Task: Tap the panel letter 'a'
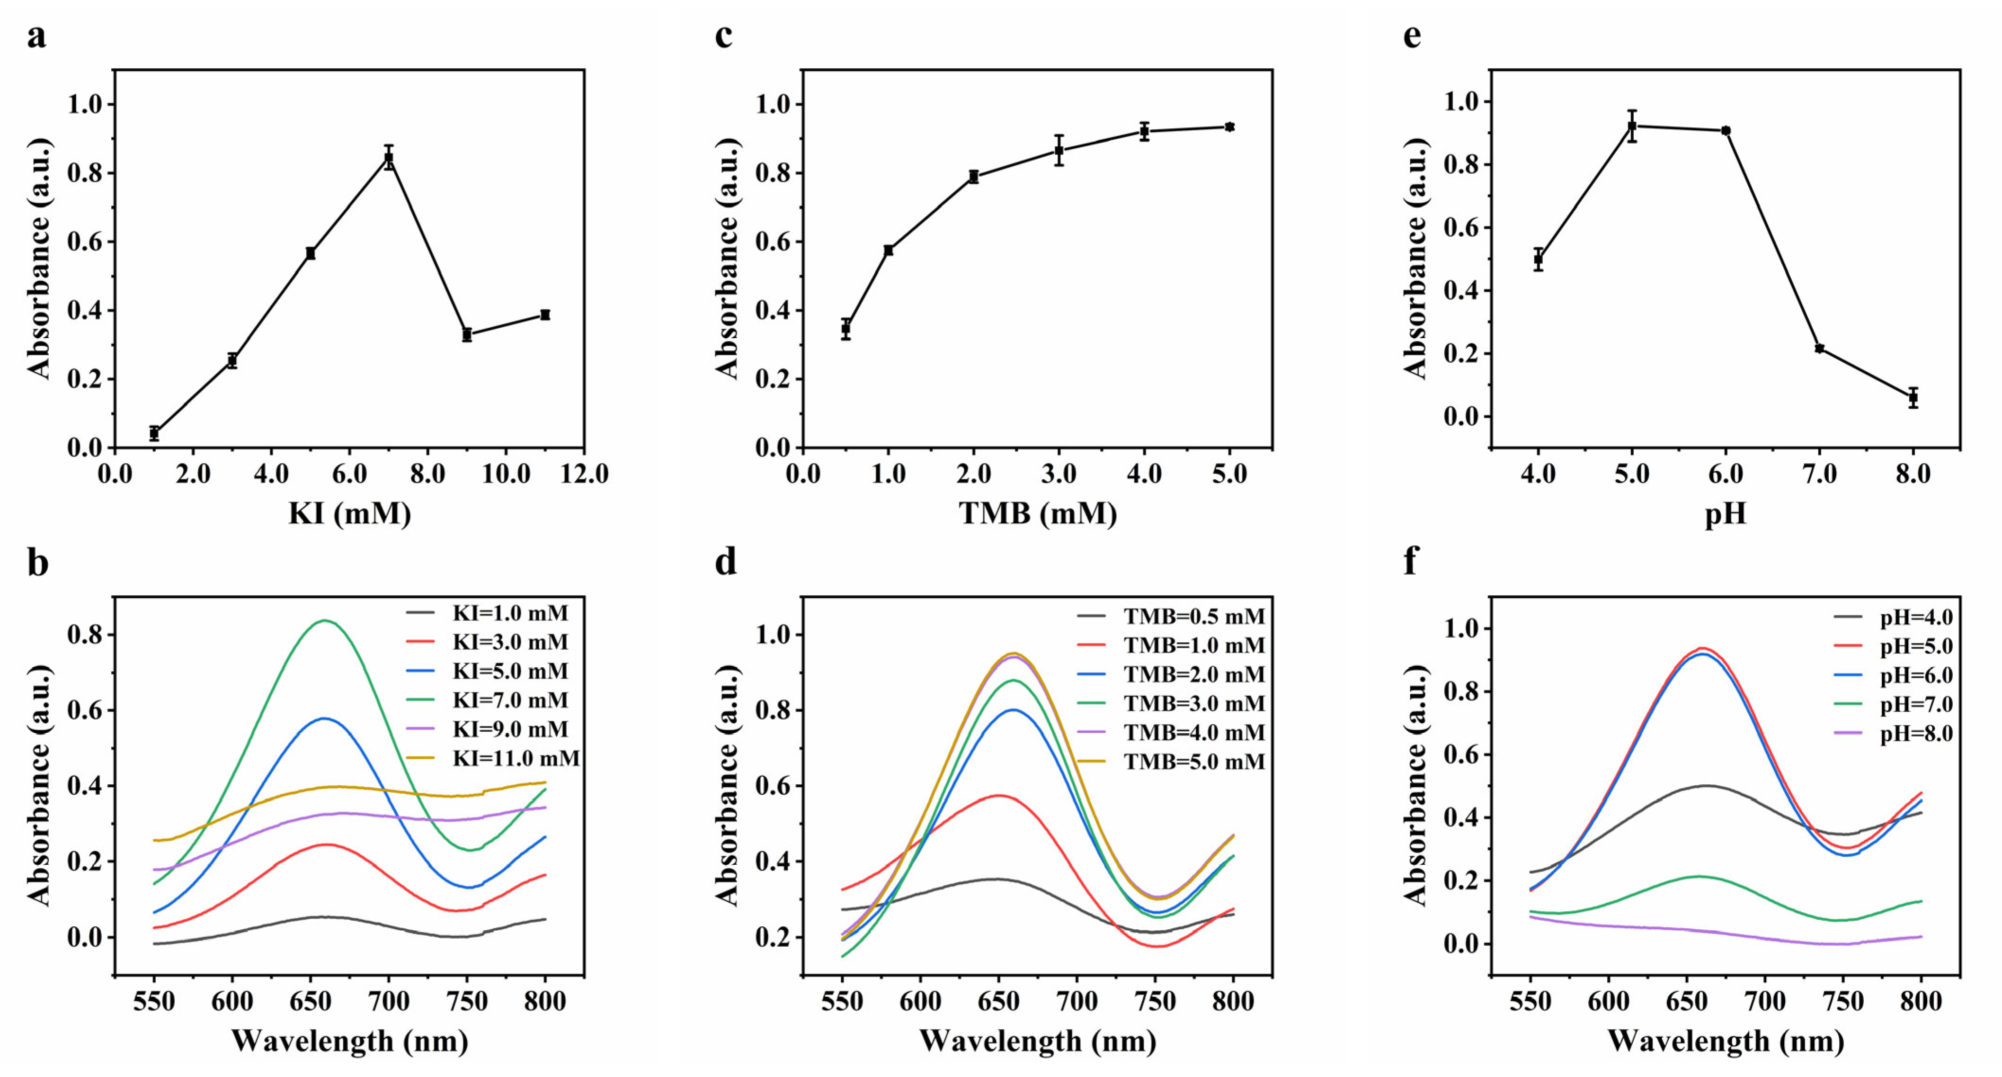click(x=36, y=36)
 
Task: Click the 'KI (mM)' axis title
click(x=350, y=513)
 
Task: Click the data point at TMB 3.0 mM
click(x=1059, y=150)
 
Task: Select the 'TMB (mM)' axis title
click(x=1038, y=513)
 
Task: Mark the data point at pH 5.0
click(x=1632, y=126)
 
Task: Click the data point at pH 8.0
click(x=1913, y=397)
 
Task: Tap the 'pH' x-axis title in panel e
click(x=1726, y=513)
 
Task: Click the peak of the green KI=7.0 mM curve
click(x=324, y=620)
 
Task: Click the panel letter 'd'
click(x=725, y=561)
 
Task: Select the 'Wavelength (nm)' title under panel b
click(x=350, y=1041)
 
